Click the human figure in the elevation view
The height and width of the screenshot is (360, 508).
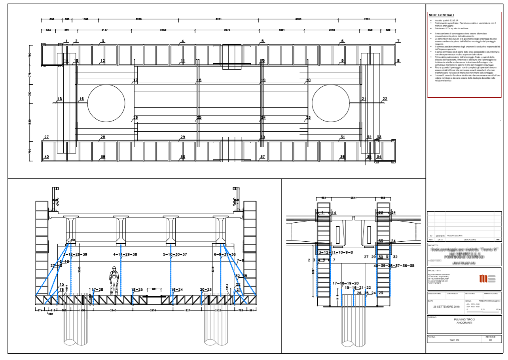tap(114, 280)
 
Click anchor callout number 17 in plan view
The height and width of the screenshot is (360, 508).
tap(135, 80)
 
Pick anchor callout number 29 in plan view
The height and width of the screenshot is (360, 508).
tap(182, 137)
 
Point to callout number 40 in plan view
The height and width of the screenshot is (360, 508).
tap(46, 157)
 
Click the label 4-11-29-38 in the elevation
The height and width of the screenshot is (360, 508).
tap(125, 254)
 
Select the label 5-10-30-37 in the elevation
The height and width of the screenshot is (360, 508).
tap(175, 254)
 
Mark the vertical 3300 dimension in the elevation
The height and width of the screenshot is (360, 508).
tap(80, 269)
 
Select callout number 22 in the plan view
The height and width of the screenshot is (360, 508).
tap(385, 99)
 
